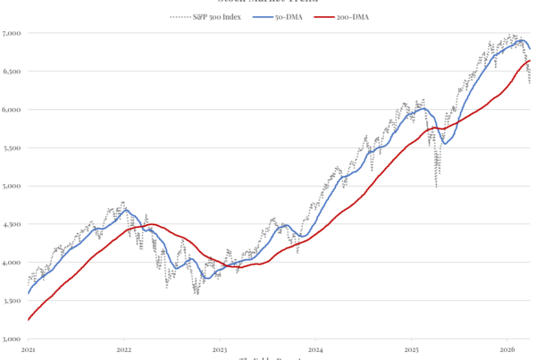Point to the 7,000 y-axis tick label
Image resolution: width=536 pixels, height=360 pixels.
[13, 33]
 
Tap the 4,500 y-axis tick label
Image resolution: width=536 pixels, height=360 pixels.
[13, 225]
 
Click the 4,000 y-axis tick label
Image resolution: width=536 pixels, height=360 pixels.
[13, 263]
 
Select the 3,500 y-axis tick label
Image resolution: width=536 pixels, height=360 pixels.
[13, 301]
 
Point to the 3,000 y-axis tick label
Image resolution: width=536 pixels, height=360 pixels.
[13, 339]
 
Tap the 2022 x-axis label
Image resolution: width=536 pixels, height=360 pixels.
[123, 349]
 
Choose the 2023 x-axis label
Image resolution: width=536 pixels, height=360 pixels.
[220, 349]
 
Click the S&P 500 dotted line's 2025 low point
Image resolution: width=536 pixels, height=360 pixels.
[436, 186]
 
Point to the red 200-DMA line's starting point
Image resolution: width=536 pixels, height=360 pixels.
[29, 319]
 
